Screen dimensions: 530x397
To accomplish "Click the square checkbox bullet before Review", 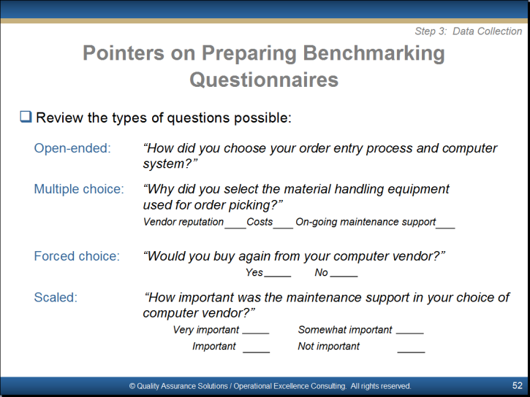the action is pos(26,117).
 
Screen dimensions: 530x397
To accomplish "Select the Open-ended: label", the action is pos(72,148).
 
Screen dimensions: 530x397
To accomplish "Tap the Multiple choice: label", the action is pos(79,189).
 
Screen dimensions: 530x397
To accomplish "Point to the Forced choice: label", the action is pos(77,256).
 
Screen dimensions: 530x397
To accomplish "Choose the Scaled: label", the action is pos(56,297).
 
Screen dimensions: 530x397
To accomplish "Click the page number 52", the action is pos(517,385).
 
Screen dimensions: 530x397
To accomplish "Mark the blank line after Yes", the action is pos(278,277).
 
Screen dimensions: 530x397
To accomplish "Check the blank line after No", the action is pos(344,277).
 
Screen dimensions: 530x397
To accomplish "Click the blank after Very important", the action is pos(256,334).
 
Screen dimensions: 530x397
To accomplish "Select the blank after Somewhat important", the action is pos(409,334).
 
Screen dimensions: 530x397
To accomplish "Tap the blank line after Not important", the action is pos(411,352).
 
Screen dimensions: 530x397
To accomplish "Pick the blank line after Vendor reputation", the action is pos(235,228).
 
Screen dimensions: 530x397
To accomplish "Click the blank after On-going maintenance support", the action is pos(445,228).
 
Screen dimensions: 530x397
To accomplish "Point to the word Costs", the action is pos(260,222).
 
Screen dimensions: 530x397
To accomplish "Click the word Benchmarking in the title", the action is pos(374,54).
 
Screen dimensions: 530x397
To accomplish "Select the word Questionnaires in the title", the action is pos(264,80).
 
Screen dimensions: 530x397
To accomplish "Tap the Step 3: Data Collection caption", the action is pos(469,31).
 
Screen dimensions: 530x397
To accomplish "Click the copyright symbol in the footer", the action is pos(132,386).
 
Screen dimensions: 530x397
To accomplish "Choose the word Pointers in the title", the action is pos(124,53).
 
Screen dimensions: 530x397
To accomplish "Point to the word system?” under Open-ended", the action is pos(170,163).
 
